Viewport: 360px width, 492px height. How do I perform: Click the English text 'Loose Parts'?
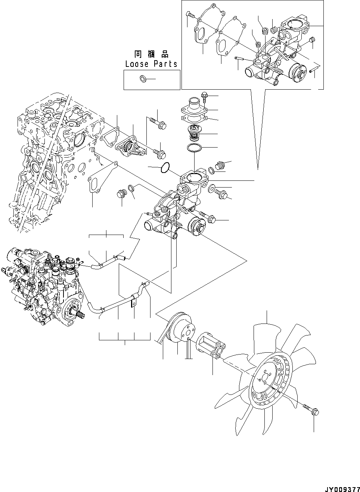tap(151, 64)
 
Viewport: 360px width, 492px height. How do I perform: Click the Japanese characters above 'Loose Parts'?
tap(151, 54)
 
